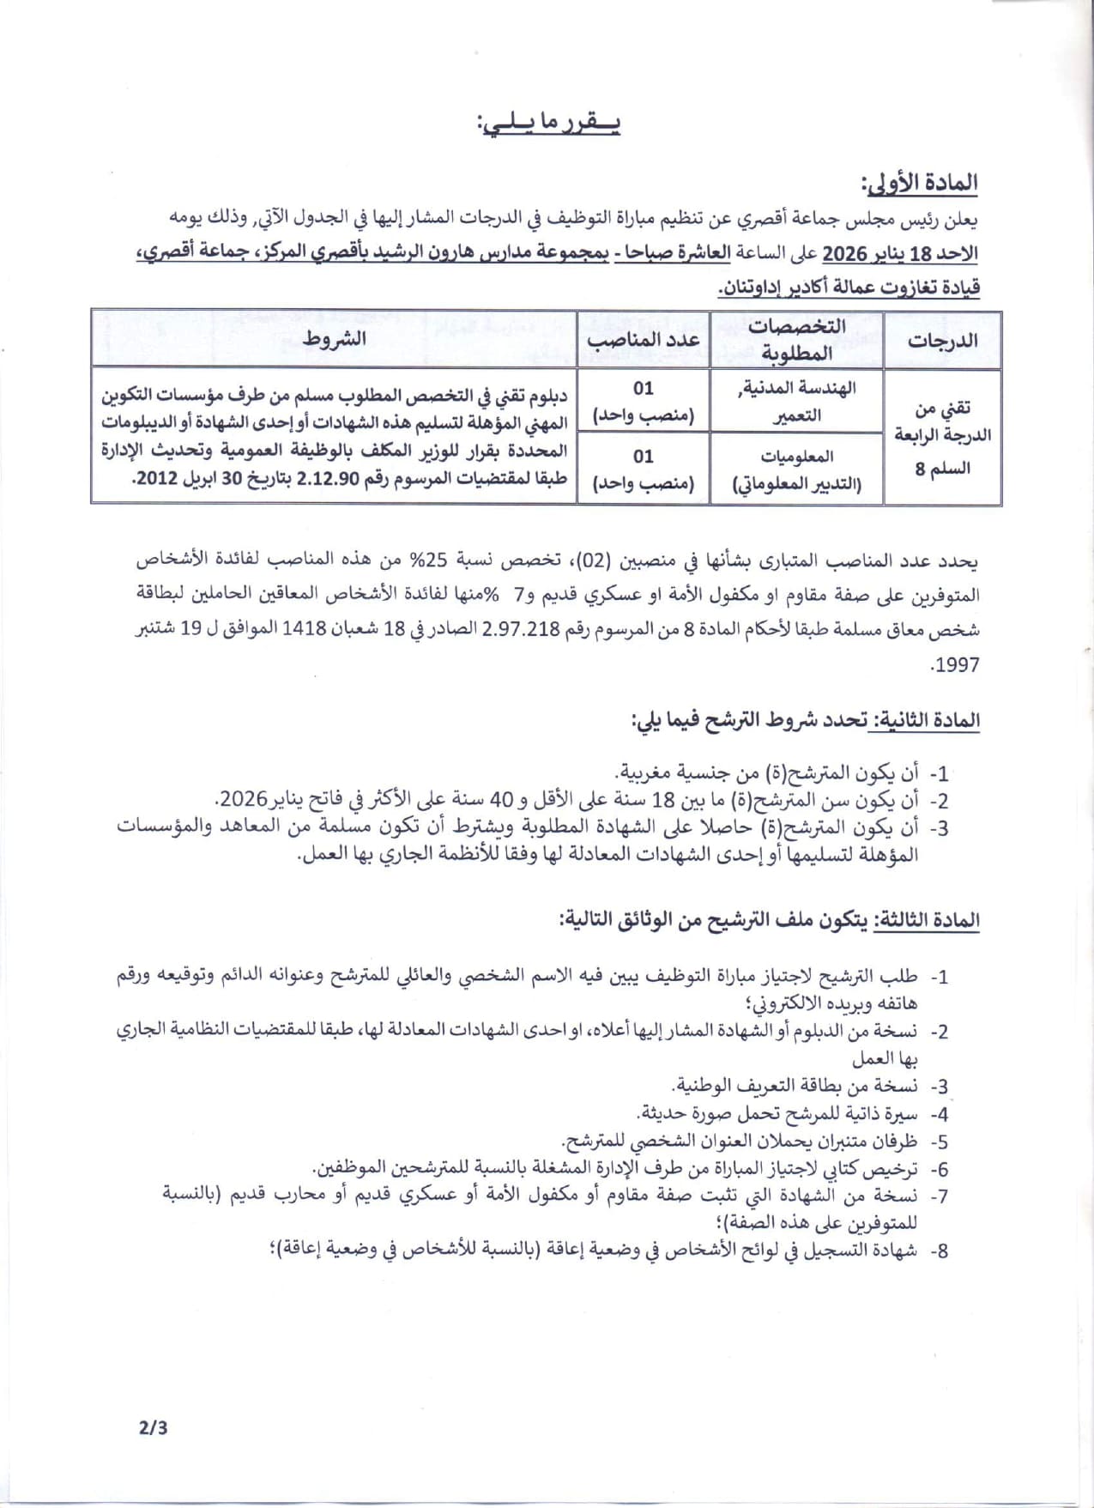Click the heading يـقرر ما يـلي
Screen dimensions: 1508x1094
point(549,125)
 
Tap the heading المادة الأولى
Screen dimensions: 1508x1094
point(920,184)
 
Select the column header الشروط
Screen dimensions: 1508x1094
point(335,339)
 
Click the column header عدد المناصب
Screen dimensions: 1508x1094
point(644,339)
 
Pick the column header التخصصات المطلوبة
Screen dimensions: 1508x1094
point(796,339)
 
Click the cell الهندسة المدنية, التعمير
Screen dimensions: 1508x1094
point(796,402)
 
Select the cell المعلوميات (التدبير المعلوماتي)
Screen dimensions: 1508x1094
point(796,469)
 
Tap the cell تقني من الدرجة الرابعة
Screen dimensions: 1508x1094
point(942,436)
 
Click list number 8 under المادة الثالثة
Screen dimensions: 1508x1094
point(941,1251)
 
